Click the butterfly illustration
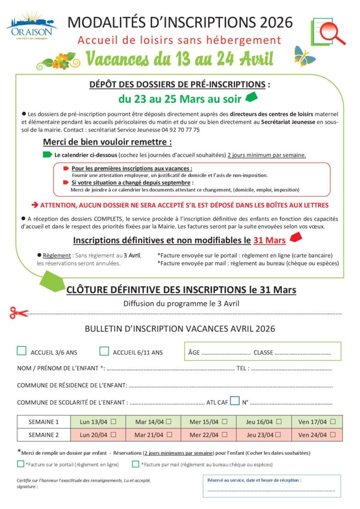(305, 56)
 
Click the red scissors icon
(19, 313)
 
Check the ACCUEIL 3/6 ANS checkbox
(21, 351)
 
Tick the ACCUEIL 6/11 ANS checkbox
(104, 351)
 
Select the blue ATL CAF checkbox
(235, 401)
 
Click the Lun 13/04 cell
(98, 422)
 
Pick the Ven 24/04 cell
(317, 435)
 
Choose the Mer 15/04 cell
(208, 422)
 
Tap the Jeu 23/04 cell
(263, 435)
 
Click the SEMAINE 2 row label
(44, 435)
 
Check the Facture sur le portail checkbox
(20, 464)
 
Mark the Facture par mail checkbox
(136, 464)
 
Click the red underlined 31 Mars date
(269, 241)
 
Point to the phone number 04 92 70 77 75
(178, 129)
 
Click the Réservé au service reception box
(271, 486)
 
